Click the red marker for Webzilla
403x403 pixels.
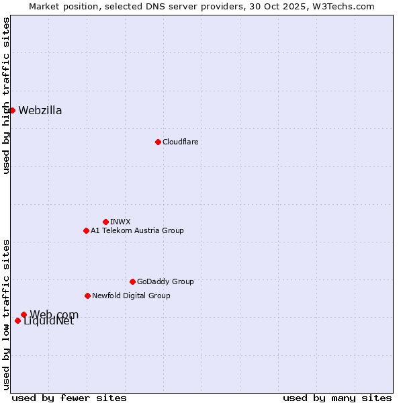tap(12, 110)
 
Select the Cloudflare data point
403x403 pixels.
tap(158, 142)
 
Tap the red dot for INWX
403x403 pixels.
tap(105, 222)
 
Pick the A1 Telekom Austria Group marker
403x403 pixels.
tap(86, 230)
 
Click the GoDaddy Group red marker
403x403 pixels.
tap(132, 281)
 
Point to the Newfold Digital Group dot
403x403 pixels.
tap(87, 296)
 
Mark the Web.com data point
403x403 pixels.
tap(24, 314)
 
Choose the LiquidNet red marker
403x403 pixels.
tap(17, 320)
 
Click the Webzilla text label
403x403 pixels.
tap(40, 111)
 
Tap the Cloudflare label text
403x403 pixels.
tap(180, 142)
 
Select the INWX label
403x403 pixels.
tap(120, 222)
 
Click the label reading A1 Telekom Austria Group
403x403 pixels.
tap(137, 230)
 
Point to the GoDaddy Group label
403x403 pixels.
tap(165, 281)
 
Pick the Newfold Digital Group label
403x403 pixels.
tap(131, 296)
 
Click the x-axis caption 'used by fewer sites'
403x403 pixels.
tap(69, 398)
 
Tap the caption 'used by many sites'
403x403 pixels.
tap(337, 398)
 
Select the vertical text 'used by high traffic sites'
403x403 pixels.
tap(6, 95)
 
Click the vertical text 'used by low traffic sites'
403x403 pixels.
tap(6, 314)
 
